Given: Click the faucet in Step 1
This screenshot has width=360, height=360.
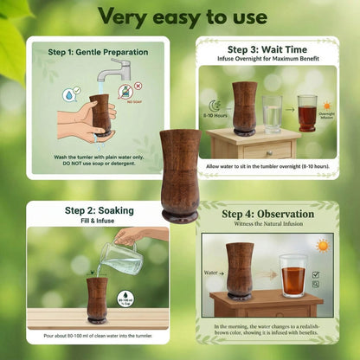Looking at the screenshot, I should (115, 68).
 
